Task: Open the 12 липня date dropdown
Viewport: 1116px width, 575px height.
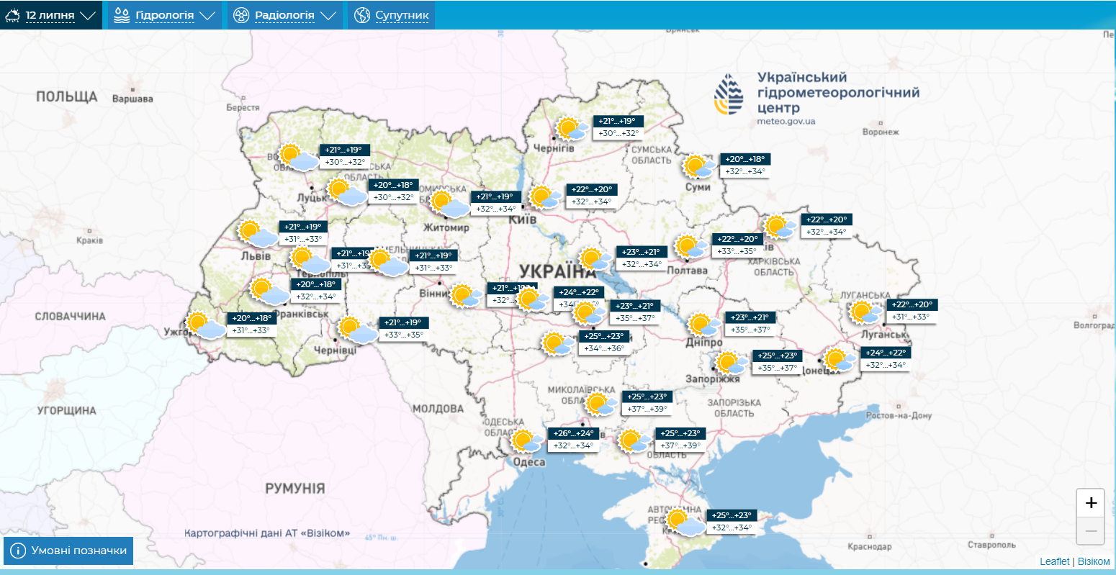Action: (50, 15)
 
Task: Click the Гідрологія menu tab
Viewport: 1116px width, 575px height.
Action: (165, 15)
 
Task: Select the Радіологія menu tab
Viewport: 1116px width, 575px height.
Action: (284, 15)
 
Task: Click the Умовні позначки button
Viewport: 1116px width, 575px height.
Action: (68, 551)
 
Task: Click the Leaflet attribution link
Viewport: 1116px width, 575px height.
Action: (1054, 561)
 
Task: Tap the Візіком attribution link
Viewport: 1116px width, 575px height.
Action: (1094, 561)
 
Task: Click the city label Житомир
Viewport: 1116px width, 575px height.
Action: (446, 227)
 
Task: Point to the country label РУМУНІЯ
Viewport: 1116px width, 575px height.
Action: (294, 488)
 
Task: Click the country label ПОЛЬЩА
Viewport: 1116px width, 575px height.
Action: (66, 96)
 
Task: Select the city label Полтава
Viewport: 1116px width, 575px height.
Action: (687, 271)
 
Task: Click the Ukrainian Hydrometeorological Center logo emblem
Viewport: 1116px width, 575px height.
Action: (729, 94)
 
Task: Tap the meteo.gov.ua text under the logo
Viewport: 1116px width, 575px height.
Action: (786, 122)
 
